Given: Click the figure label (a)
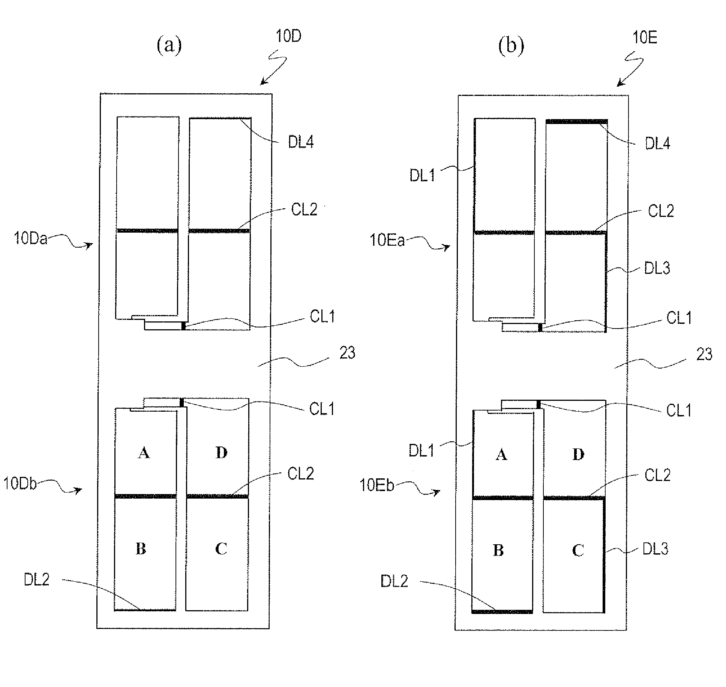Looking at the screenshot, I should coord(169,46).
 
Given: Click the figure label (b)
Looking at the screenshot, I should coord(511,46).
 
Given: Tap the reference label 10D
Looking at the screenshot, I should coord(288,36).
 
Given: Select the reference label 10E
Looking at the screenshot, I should coord(645,37).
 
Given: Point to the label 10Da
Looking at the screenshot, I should coord(31,239).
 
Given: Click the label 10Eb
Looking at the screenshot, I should coord(376,485).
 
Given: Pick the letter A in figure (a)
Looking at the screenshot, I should coord(144,453).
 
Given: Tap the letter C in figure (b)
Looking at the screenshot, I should coord(578,550).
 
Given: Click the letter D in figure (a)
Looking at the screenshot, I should coord(222,453).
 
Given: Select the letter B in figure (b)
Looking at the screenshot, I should coord(498,550).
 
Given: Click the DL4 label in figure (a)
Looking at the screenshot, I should coord(301,142).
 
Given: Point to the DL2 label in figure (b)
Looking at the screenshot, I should coord(394,581).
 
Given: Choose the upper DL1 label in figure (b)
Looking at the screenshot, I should coord(422,175).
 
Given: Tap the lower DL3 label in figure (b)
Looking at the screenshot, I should coord(655,549).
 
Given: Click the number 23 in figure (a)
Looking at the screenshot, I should coord(347,353).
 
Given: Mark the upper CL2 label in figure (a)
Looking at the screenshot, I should coord(304,210).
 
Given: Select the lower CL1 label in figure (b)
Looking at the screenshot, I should coord(679,411).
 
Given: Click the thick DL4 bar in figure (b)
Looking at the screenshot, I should coord(576,121).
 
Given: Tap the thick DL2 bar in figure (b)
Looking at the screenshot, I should coord(502,611).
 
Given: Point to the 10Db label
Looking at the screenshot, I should coord(20,484).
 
